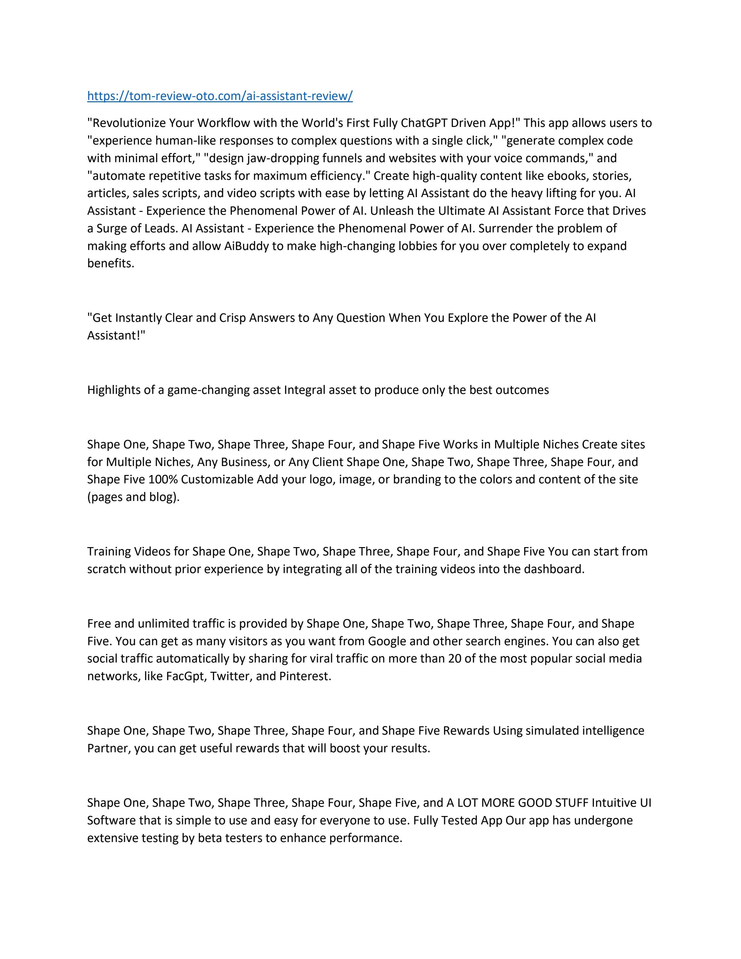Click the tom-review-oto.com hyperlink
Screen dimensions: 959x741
pyautogui.click(x=220, y=96)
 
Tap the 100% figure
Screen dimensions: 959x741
pyautogui.click(x=163, y=479)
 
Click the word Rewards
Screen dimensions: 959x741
pyautogui.click(x=466, y=731)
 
